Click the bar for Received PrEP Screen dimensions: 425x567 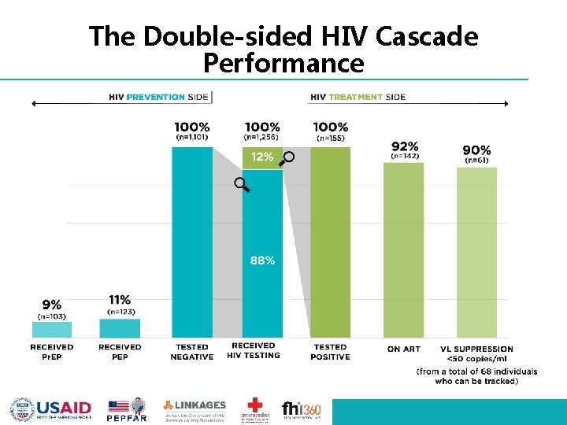point(52,330)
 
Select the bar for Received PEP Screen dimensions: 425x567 point(120,328)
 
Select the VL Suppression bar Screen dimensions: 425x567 point(477,253)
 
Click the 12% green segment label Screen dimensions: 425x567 point(262,157)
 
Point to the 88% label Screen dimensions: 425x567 point(262,261)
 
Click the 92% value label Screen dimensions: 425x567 point(404,146)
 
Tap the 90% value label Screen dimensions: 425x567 point(477,150)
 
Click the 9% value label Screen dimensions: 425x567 point(51,303)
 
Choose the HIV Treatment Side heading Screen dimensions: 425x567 point(358,97)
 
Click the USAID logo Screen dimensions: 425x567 point(51,408)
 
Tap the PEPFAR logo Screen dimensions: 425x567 point(128,409)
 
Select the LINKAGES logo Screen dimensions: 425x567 point(195,409)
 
